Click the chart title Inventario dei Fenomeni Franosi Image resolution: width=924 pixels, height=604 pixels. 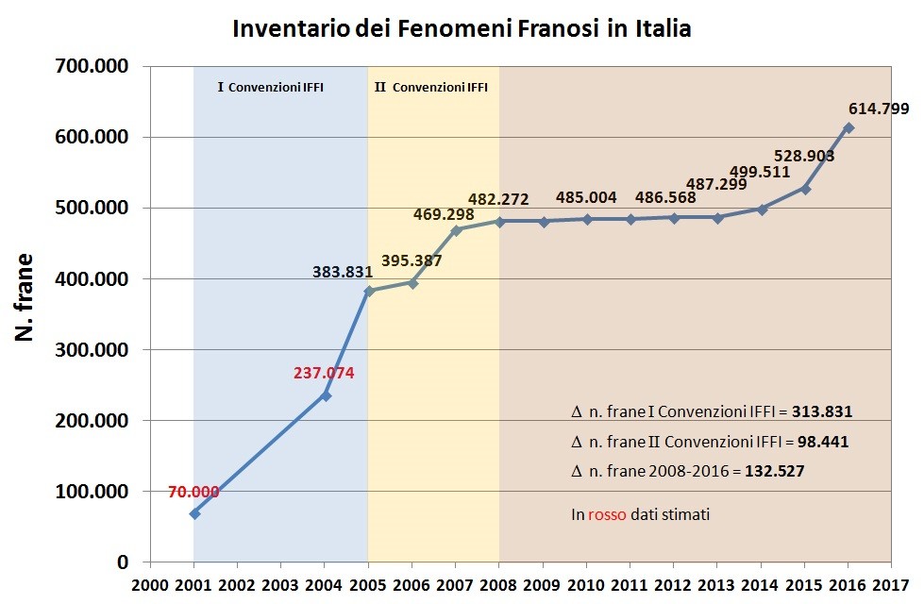(462, 29)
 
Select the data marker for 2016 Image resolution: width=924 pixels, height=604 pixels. (848, 127)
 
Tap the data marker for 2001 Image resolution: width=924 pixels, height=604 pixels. (194, 513)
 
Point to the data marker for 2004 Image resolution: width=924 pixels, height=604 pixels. (326, 395)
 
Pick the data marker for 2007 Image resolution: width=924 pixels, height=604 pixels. (456, 229)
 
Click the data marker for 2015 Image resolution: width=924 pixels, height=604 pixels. (805, 189)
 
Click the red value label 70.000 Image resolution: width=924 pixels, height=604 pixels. (193, 492)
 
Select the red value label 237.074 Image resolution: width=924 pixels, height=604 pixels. (324, 373)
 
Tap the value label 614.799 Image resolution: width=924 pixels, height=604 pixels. (879, 108)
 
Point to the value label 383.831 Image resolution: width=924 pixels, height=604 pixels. (344, 272)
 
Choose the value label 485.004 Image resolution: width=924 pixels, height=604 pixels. (586, 198)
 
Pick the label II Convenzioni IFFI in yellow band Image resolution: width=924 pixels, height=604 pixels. (431, 88)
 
